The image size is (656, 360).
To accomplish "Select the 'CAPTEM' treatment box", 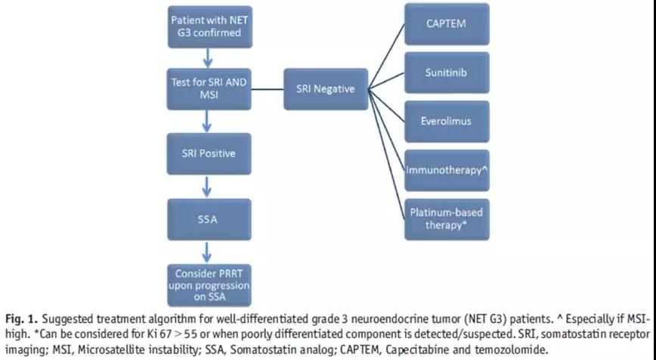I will (x=446, y=24).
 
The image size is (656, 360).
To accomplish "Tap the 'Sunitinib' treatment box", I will (x=446, y=73).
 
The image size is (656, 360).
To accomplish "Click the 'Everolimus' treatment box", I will (x=446, y=121).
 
